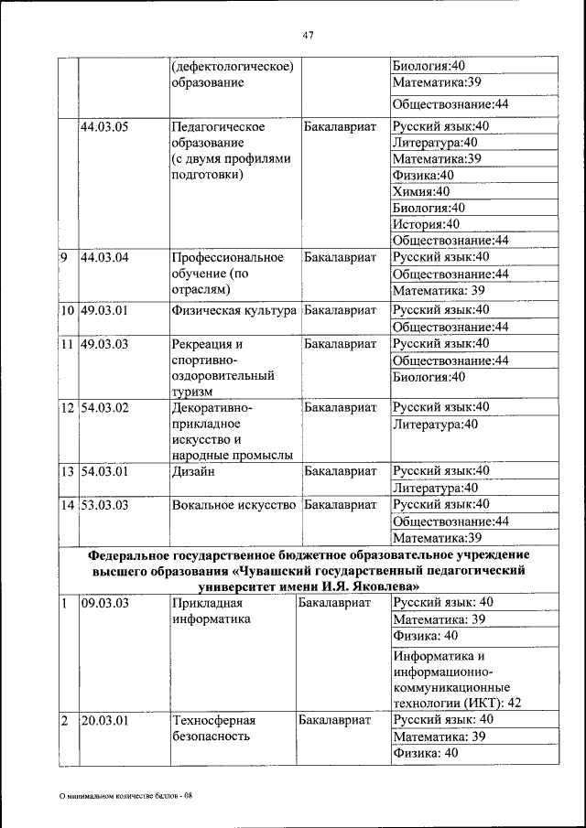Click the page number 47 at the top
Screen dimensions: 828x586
pyautogui.click(x=308, y=36)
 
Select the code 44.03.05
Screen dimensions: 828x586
pyautogui.click(x=104, y=126)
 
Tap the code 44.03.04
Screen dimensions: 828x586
pyautogui.click(x=104, y=257)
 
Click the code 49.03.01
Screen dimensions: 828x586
pyautogui.click(x=104, y=310)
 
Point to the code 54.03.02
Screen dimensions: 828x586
pyautogui.click(x=104, y=406)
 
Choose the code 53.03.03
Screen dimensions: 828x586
pyautogui.click(x=104, y=504)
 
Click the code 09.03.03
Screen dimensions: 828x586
pyautogui.click(x=104, y=603)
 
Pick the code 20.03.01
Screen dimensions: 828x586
pyautogui.click(x=104, y=720)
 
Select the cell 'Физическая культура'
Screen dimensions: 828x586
pyautogui.click(x=234, y=310)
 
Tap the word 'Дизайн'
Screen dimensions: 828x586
pyautogui.click(x=192, y=471)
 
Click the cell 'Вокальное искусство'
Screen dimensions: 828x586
pyautogui.click(x=233, y=504)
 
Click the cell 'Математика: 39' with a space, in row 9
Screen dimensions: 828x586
pyautogui.click(x=439, y=291)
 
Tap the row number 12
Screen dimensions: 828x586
pyautogui.click(x=68, y=406)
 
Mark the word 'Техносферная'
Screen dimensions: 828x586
pyautogui.click(x=212, y=720)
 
